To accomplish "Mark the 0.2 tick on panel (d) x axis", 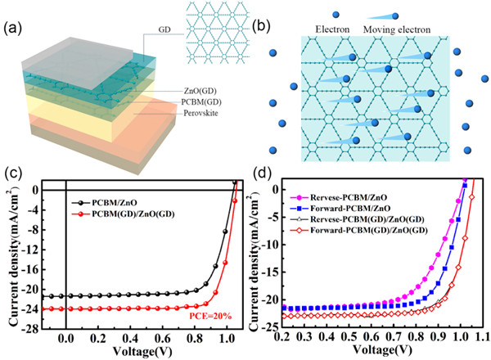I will click(282, 335).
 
